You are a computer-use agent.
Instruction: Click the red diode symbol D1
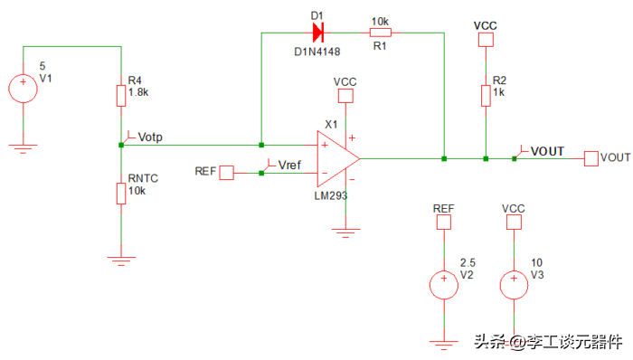(317, 33)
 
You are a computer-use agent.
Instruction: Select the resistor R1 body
(381, 33)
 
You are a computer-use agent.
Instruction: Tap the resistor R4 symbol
(121, 96)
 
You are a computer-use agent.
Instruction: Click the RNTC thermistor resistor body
(121, 194)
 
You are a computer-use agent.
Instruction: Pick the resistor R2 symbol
(486, 96)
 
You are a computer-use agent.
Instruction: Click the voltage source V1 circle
(23, 89)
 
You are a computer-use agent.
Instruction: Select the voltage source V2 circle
(444, 285)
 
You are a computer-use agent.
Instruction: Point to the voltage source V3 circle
(514, 285)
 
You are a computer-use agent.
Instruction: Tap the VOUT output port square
(591, 158)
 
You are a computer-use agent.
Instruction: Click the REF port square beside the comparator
(226, 173)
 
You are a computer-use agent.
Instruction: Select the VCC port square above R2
(486, 40)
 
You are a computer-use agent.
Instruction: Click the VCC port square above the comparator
(345, 96)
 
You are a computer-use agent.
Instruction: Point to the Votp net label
(150, 137)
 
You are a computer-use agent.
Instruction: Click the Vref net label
(289, 165)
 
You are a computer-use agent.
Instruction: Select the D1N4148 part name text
(317, 52)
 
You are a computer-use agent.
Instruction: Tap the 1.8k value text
(138, 92)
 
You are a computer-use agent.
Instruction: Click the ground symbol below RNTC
(121, 261)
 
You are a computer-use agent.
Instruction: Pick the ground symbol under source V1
(23, 148)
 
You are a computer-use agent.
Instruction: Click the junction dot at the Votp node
(121, 145)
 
